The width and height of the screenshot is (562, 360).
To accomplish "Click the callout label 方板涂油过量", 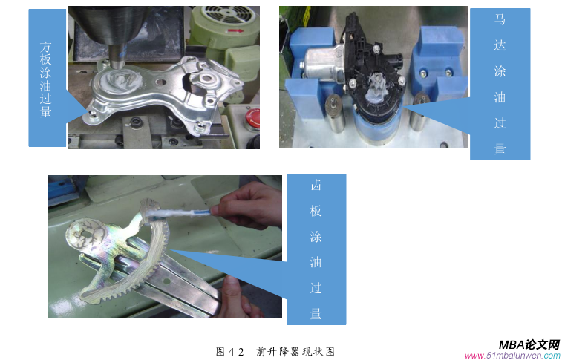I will pos(45,78).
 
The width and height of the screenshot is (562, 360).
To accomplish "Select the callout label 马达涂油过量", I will pos(500,83).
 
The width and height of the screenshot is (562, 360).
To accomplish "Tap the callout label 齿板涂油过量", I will pos(316,249).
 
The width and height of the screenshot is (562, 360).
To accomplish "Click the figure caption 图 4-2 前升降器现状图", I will pos(275,351).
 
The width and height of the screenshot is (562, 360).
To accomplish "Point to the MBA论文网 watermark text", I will pos(529,344).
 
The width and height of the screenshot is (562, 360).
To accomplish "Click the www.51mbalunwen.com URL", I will pos(512,356).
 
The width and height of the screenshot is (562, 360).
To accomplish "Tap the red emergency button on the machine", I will pos(252,117).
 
